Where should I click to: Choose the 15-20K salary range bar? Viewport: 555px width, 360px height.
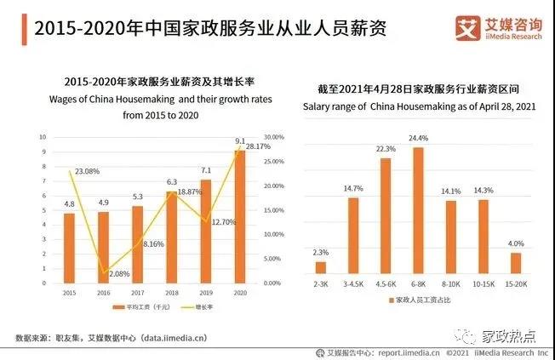pyautogui.click(x=515, y=263)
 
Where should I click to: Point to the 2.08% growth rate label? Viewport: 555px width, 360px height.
pyautogui.click(x=97, y=274)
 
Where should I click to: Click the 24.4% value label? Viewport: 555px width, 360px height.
pyautogui.click(x=418, y=139)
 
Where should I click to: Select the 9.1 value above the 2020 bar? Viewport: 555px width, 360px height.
pyautogui.click(x=240, y=141)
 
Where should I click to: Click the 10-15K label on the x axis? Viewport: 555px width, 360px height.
pyautogui.click(x=483, y=283)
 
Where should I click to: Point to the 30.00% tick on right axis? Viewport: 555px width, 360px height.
pyautogui.click(x=273, y=137)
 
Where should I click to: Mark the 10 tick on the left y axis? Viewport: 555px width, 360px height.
pyautogui.click(x=42, y=137)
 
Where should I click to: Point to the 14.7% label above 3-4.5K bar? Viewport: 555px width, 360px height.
pyautogui.click(x=352, y=187)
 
